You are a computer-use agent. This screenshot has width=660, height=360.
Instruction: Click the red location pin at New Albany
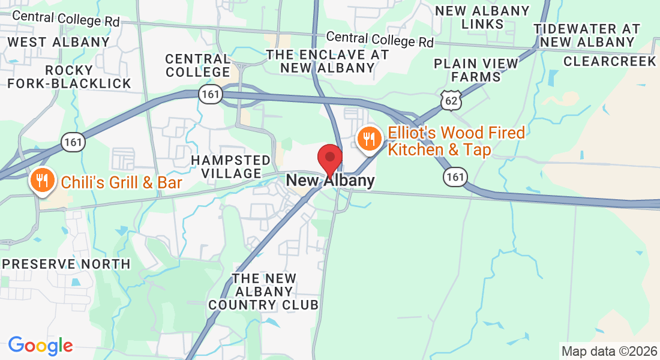tap(329, 158)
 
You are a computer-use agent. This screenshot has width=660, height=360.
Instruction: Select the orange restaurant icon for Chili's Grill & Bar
tap(42, 180)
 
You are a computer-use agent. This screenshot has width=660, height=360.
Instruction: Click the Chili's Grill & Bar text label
tap(121, 182)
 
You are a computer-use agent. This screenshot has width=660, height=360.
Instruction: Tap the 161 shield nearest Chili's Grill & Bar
tap(73, 142)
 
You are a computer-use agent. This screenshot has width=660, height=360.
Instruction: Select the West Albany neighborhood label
tap(59, 42)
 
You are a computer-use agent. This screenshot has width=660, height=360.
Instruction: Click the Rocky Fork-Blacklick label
tap(70, 77)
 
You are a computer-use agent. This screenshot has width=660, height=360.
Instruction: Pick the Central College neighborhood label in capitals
tap(198, 65)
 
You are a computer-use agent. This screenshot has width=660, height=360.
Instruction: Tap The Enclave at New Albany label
tap(328, 61)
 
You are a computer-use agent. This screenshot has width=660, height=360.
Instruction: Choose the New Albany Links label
tap(482, 17)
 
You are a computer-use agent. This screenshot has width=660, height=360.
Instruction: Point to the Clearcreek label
tap(610, 61)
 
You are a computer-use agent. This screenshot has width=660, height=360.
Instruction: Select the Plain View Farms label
tap(476, 70)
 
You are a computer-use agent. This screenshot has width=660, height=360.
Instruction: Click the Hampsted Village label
tap(231, 167)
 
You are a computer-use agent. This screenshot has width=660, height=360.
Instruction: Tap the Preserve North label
tap(66, 264)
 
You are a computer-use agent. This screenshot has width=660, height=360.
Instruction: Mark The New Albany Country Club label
tap(263, 292)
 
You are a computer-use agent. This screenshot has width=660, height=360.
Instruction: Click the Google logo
tap(40, 346)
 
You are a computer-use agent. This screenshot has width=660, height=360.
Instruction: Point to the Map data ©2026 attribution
tap(608, 350)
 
